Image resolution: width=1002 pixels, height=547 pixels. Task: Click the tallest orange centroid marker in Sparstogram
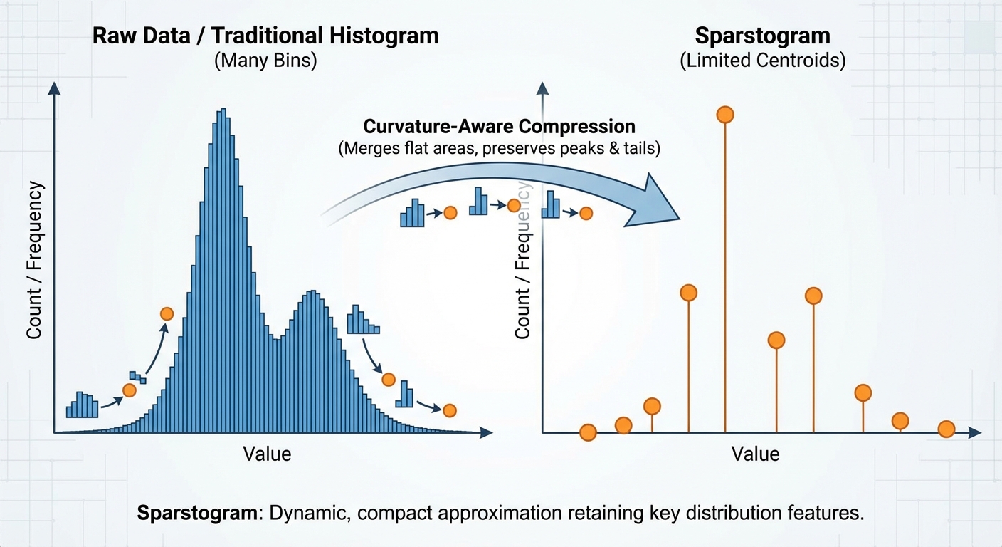coord(724,115)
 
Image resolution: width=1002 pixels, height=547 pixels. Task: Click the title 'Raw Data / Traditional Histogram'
coord(265,36)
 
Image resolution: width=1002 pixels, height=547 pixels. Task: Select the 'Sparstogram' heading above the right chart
coord(762,36)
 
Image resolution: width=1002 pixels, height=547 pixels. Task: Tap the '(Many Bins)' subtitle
coord(265,61)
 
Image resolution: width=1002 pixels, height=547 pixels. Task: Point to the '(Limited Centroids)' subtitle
coord(762,61)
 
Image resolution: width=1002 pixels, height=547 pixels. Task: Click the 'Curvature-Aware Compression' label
coord(499,126)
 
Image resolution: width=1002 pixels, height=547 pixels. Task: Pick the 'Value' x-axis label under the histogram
coord(267,454)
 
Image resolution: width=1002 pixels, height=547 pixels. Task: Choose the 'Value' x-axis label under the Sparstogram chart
coord(756,454)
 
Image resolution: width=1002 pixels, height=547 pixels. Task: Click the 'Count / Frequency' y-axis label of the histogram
coord(34,260)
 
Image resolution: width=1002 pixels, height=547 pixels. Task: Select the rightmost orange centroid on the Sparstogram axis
coord(946,429)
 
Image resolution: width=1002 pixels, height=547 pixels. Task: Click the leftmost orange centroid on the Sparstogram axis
coord(588,432)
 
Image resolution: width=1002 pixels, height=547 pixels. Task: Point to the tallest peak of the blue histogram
coord(223,111)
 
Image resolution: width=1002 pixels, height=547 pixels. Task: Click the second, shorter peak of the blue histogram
coord(312,293)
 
